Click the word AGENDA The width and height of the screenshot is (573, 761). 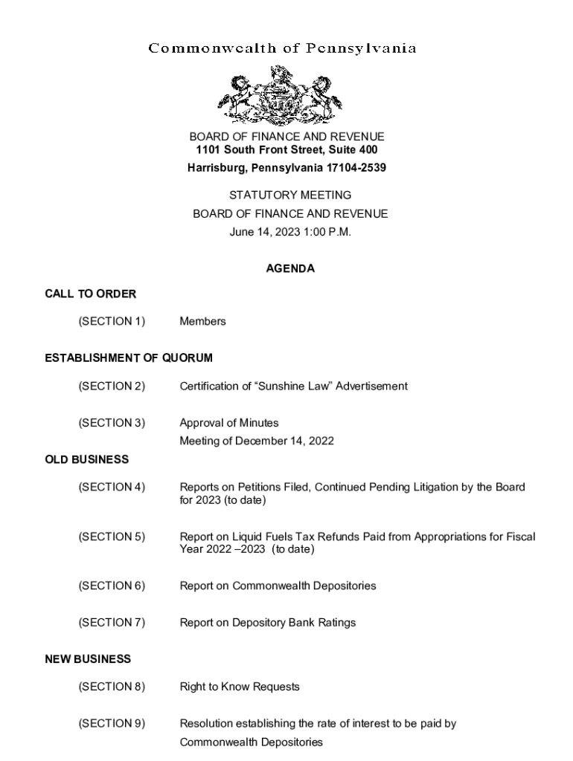[x=290, y=269]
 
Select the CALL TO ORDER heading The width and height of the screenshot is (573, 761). [x=91, y=294]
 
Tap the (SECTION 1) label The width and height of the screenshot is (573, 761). [x=112, y=322]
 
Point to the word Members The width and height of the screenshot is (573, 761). [x=202, y=322]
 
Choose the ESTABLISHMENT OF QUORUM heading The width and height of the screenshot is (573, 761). [x=129, y=358]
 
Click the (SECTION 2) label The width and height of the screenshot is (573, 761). [x=112, y=386]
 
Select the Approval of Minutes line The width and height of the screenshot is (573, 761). [x=229, y=423]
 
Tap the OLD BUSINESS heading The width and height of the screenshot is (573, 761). [x=86, y=460]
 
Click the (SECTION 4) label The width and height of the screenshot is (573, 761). [x=112, y=488]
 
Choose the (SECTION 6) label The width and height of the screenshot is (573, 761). [x=112, y=586]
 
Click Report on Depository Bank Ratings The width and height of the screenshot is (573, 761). [x=268, y=623]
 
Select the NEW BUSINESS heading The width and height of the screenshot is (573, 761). [x=88, y=659]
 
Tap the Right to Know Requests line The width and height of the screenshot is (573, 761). [x=240, y=687]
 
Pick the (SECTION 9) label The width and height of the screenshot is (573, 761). [x=112, y=724]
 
